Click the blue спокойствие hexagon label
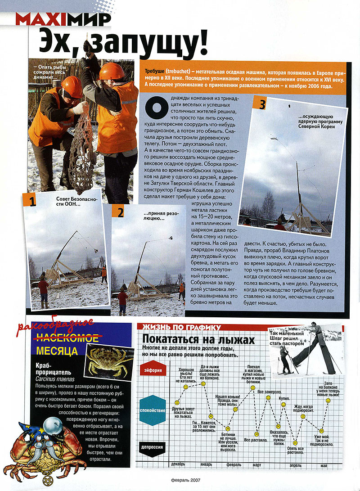coord(153,410)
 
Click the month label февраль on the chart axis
coord(234,465)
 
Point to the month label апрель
coord(295,465)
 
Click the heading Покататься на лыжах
coord(198,339)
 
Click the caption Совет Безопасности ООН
coord(74,202)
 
